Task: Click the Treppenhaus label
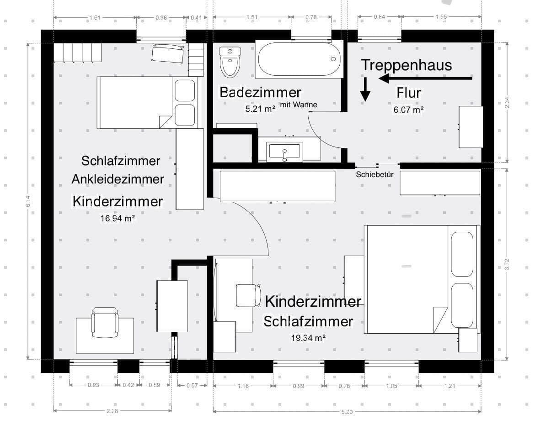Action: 406,65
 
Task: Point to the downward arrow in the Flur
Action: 365,89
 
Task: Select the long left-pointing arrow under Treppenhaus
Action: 425,79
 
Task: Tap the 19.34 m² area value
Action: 308,338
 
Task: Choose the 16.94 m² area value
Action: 117,218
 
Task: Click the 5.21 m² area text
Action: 260,109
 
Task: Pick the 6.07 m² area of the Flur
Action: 408,110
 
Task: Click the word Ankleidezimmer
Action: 118,179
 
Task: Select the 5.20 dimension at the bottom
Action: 347,412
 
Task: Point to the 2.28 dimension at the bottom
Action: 112,411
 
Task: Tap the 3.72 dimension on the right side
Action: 507,264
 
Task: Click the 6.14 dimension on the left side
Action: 28,201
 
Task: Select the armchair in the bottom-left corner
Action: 105,322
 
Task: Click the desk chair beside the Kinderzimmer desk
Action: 245,295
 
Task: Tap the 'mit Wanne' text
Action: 299,105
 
